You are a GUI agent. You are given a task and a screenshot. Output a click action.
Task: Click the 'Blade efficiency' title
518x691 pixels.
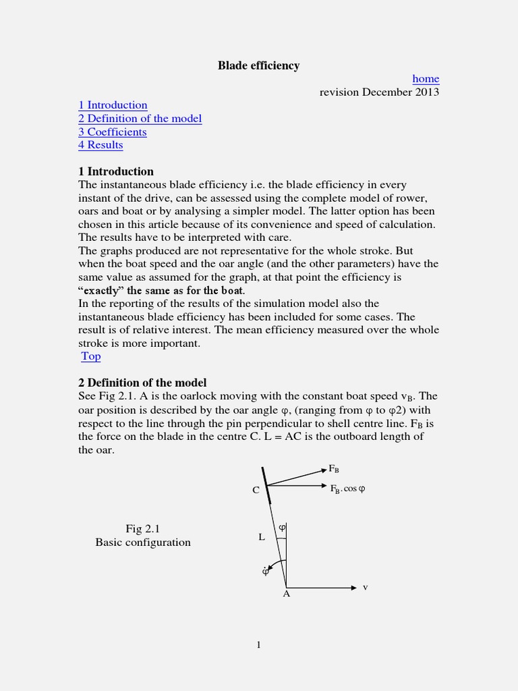coord(258,65)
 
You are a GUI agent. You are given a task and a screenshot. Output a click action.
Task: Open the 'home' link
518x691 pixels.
coord(426,79)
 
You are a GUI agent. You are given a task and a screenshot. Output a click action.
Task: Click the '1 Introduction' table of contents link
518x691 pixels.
coord(113,105)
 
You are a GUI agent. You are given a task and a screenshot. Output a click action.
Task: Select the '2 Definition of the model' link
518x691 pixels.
coord(140,119)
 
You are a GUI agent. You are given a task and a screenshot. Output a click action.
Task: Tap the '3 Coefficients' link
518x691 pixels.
coord(112,132)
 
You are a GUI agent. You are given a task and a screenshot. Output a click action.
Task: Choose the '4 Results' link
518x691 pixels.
coord(100,145)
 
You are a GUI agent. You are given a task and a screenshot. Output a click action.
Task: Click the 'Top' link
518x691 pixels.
coord(90,356)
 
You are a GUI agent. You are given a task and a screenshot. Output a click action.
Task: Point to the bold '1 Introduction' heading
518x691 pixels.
coord(115,171)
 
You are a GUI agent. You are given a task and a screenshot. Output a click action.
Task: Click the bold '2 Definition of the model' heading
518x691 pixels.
coord(142,383)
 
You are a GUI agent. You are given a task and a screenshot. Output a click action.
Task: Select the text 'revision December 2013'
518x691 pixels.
coord(379,92)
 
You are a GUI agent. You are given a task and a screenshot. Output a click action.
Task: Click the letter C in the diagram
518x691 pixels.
coord(256,490)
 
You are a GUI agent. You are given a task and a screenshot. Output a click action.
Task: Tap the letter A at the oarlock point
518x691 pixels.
coord(286,595)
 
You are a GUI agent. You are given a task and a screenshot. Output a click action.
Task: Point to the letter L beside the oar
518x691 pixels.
coord(262,537)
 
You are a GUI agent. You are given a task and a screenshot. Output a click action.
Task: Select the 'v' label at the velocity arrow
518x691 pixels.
coord(366,587)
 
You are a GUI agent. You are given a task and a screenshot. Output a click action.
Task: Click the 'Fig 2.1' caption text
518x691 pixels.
coord(142,528)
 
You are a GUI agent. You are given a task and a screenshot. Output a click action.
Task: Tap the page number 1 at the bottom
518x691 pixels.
coord(258,645)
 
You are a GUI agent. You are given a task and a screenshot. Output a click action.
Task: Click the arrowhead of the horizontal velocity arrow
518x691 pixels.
coord(353,588)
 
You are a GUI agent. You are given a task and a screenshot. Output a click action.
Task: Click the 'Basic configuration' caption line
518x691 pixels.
coord(142,542)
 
